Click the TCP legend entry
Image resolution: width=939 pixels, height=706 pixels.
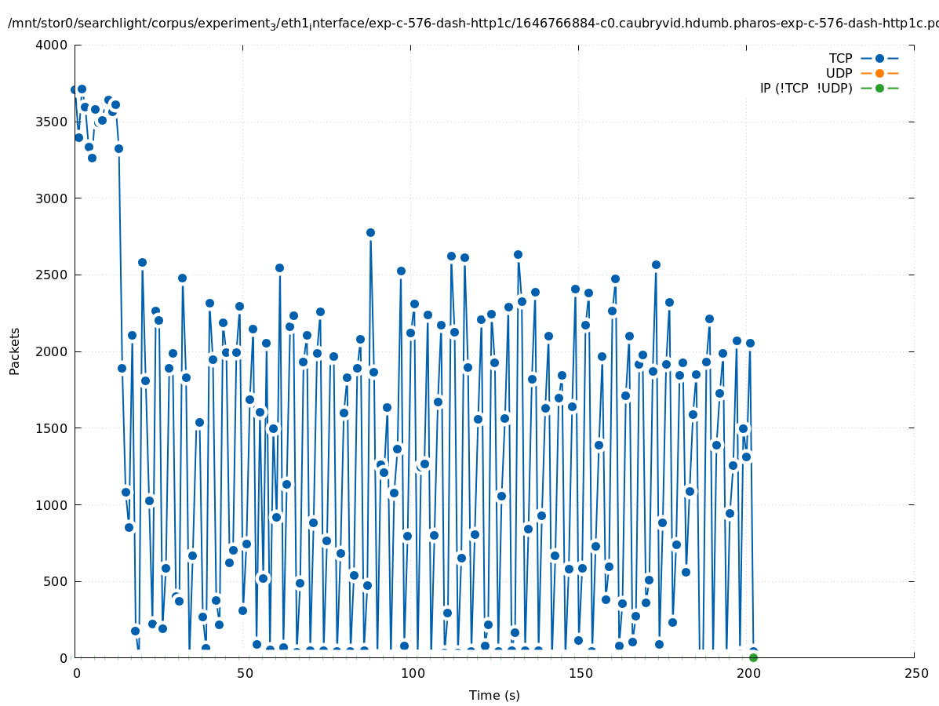(x=840, y=58)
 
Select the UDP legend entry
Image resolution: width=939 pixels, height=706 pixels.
(x=839, y=73)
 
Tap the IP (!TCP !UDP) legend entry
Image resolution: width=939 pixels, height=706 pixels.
(x=806, y=88)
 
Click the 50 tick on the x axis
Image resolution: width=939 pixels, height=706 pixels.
(x=243, y=674)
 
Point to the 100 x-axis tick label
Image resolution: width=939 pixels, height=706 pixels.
(x=411, y=674)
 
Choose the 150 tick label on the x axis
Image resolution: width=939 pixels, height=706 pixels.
(x=579, y=674)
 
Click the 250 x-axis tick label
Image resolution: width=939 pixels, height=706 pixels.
(x=915, y=674)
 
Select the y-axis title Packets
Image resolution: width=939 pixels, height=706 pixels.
(x=15, y=351)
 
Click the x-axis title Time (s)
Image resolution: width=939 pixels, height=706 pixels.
(x=494, y=695)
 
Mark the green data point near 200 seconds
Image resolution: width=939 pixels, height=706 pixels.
(x=753, y=657)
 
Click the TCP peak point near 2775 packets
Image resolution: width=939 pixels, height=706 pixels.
(x=370, y=232)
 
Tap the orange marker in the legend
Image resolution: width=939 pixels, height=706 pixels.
(x=879, y=73)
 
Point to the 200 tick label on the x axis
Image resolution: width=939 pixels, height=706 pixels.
(x=747, y=674)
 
